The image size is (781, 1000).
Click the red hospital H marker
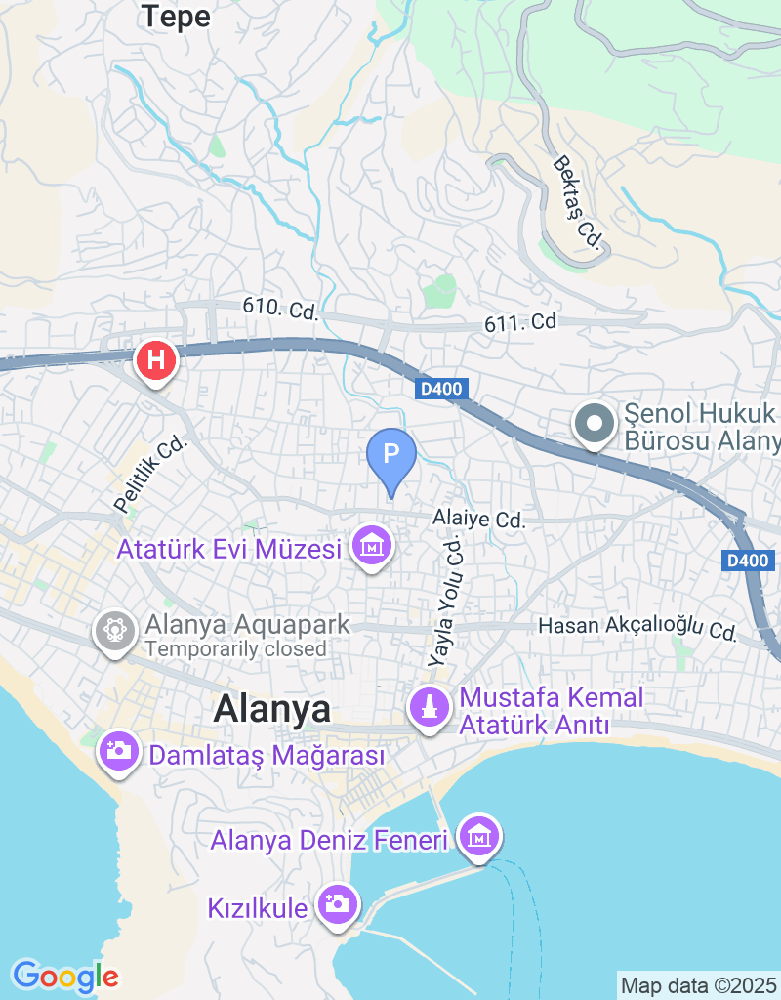(156, 360)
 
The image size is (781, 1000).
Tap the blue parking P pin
(390, 455)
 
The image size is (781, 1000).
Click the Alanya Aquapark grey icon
(115, 630)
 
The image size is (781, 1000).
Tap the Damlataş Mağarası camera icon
(119, 751)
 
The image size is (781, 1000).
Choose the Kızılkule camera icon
(337, 903)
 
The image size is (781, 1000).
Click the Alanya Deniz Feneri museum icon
(478, 837)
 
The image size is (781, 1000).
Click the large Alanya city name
(272, 710)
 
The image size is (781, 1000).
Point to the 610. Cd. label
(281, 310)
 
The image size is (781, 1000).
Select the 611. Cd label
(520, 321)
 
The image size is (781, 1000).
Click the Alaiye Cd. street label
(480, 520)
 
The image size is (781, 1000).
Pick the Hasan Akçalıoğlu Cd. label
(638, 627)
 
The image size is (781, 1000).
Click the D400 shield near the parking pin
(443, 390)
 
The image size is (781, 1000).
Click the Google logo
(64, 976)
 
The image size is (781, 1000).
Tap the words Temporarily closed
(235, 648)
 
